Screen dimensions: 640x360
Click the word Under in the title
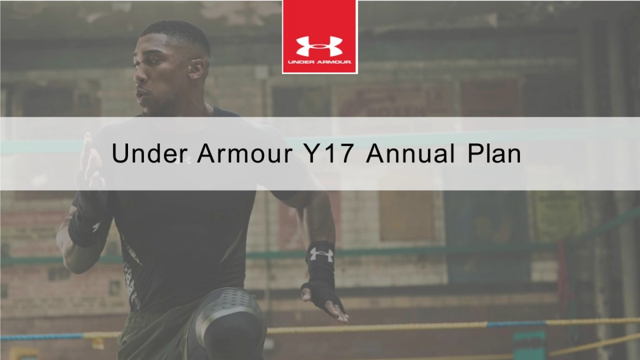(x=150, y=153)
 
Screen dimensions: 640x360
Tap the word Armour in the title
(x=245, y=153)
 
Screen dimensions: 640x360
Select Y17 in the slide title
(x=331, y=153)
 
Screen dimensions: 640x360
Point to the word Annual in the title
(x=410, y=153)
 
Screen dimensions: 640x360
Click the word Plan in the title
(x=494, y=153)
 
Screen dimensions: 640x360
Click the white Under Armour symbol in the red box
(x=319, y=46)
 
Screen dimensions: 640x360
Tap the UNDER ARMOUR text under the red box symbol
(x=319, y=62)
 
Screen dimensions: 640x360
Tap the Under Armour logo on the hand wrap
(x=322, y=254)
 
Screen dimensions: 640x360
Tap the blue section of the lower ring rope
(x=516, y=324)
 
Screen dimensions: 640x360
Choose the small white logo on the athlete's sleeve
(x=97, y=227)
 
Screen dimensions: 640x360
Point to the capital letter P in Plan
(x=474, y=153)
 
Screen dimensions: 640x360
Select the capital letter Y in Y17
(x=313, y=153)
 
